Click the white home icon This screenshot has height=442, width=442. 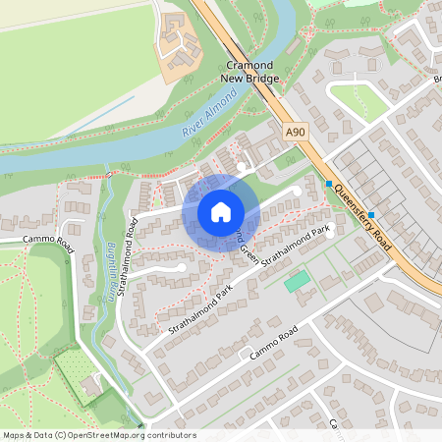(221, 211)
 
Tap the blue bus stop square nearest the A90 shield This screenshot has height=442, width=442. (329, 183)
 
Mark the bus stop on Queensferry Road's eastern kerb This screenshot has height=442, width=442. (371, 201)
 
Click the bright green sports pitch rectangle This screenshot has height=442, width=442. (297, 282)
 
